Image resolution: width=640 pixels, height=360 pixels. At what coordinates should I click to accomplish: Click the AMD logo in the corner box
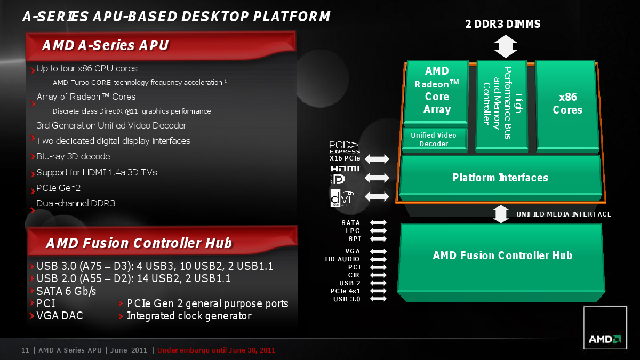(x=605, y=339)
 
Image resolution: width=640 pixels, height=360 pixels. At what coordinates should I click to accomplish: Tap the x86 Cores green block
(x=567, y=106)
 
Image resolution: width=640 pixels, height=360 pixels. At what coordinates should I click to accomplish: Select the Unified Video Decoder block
(x=434, y=139)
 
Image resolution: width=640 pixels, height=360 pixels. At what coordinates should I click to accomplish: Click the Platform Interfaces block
(x=500, y=178)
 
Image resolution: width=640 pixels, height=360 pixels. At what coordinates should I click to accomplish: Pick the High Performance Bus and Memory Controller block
(x=501, y=106)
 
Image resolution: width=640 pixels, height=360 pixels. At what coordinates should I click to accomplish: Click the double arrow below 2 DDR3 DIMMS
(x=506, y=46)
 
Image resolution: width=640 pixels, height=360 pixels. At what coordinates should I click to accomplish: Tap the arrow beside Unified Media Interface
(x=501, y=214)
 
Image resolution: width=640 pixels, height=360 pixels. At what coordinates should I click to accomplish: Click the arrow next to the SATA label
(x=378, y=222)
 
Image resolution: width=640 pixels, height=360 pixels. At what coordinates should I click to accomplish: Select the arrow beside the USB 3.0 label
(x=378, y=299)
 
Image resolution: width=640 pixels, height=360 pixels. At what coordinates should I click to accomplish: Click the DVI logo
(x=342, y=198)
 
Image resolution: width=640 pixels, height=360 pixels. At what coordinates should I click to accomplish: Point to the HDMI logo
(x=345, y=169)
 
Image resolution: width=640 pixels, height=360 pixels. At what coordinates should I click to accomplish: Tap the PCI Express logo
(x=345, y=147)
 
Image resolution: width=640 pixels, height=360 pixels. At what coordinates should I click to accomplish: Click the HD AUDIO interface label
(x=342, y=259)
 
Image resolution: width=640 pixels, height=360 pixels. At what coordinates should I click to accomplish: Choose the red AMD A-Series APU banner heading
(x=161, y=46)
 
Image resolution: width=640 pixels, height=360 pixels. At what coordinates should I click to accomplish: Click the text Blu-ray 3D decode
(x=73, y=157)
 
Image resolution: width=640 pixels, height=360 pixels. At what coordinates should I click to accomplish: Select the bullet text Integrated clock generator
(x=189, y=316)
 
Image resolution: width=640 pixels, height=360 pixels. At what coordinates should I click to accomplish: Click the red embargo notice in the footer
(x=216, y=350)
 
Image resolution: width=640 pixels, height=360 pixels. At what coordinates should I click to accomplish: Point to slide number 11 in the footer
(x=25, y=350)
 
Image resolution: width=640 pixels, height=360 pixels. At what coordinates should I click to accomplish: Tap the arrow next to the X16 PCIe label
(x=377, y=159)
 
